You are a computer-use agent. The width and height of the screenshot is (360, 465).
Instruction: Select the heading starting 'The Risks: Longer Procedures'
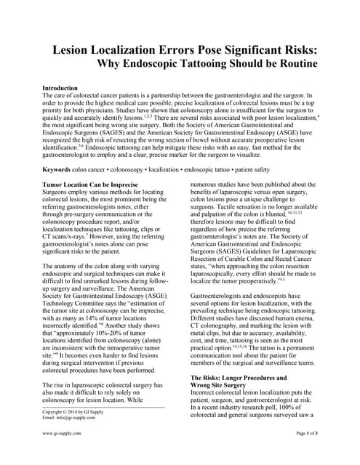tap(239, 378)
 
